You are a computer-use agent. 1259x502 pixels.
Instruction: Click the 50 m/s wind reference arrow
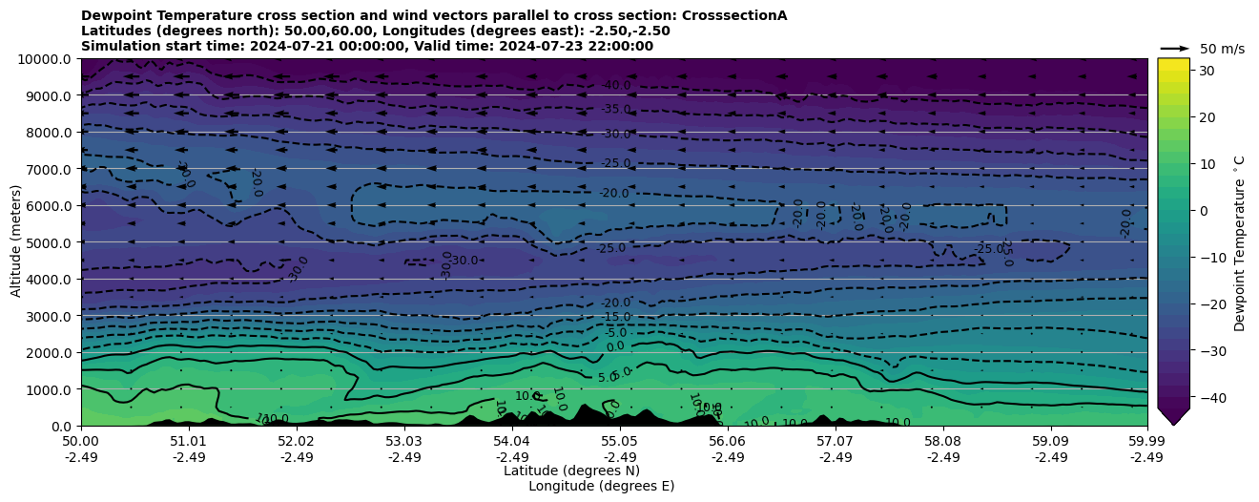[x=1175, y=49]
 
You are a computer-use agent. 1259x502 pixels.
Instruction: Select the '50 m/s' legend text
[x=1222, y=49]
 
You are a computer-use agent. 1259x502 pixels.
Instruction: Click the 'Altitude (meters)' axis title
[x=16, y=242]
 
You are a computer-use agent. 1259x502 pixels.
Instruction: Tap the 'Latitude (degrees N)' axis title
[x=571, y=471]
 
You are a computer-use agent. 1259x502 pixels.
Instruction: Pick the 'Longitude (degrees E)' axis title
[x=601, y=486]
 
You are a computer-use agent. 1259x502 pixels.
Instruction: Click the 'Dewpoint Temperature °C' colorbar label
[x=1240, y=243]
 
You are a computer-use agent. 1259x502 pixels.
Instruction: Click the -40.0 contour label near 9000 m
[x=616, y=86]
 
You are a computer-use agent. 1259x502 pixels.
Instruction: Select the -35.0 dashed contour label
[x=616, y=110]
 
